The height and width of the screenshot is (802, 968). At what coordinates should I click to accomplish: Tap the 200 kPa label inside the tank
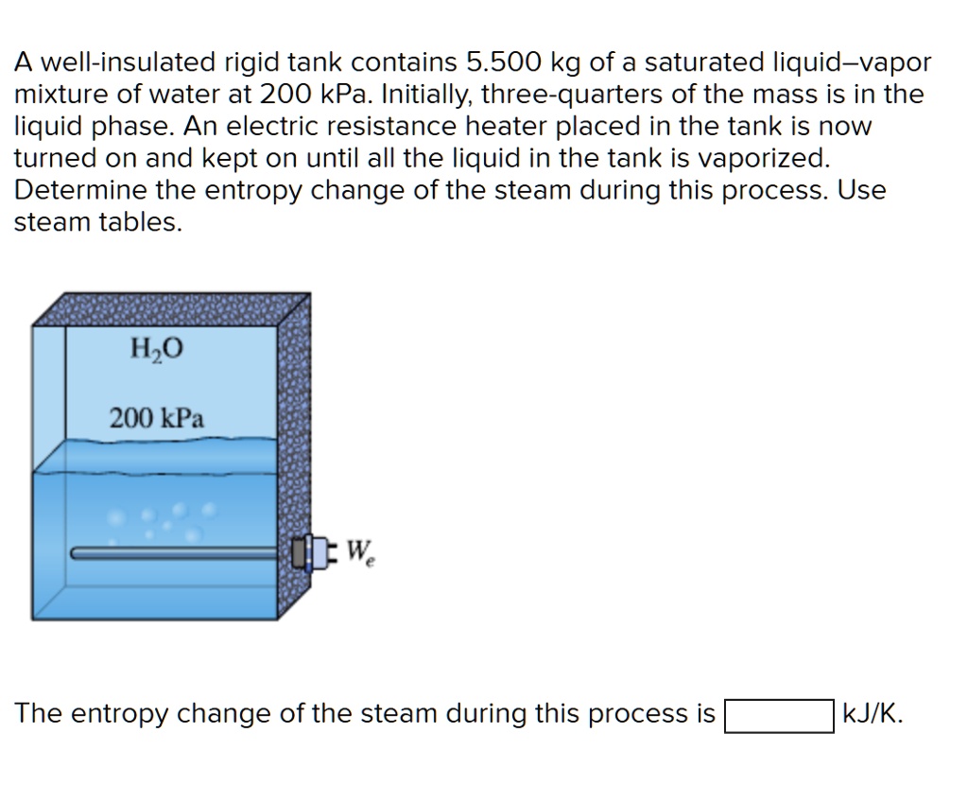click(x=157, y=417)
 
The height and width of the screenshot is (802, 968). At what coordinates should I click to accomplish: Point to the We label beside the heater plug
click(x=358, y=551)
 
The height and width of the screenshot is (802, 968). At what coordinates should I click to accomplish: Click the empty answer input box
click(x=779, y=715)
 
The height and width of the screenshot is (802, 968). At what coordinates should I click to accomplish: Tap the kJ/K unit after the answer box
click(x=872, y=714)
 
